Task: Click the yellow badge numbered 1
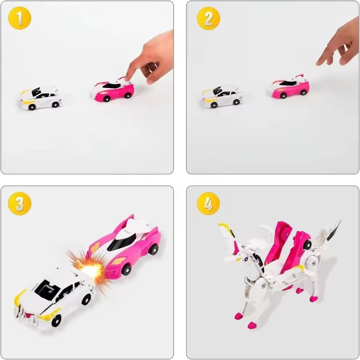[20, 19]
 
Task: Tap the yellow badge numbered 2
[208, 19]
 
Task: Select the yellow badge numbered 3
[20, 204]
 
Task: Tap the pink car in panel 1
[113, 90]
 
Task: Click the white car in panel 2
[222, 96]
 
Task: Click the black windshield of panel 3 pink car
[122, 242]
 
